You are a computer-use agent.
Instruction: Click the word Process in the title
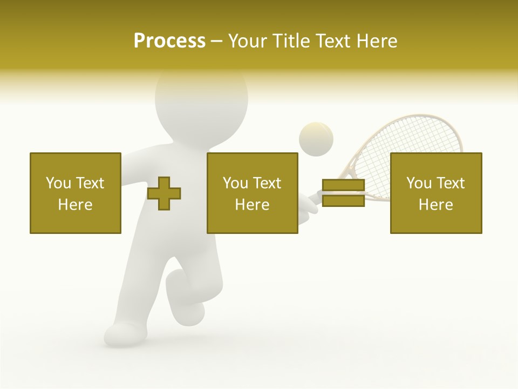pos(169,41)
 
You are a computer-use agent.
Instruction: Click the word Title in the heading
pos(291,41)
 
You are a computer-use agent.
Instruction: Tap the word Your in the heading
pos(249,41)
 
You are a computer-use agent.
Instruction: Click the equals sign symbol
pos(343,193)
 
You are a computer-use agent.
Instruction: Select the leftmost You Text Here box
pos(75,193)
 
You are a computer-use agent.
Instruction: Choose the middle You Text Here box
pos(252,193)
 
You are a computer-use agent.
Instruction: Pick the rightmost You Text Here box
pos(435,193)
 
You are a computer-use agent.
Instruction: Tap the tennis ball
pos(316,139)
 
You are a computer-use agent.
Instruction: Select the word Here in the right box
pos(435,205)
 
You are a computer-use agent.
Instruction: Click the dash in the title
pos(217,41)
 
